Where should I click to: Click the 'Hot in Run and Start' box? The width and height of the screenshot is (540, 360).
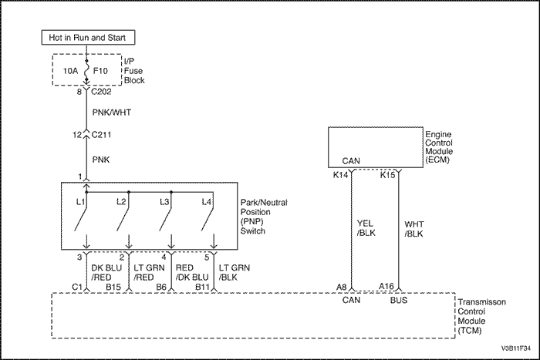86,37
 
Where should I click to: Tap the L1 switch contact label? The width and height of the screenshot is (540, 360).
79,201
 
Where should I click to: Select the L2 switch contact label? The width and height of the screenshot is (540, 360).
121,201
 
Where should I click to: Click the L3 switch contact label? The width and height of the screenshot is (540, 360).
165,201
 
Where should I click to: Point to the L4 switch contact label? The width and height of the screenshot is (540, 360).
206,201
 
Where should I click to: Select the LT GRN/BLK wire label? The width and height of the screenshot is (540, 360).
234,271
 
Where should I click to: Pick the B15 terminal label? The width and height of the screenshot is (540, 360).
113,287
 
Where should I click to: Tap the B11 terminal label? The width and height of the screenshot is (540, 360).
203,287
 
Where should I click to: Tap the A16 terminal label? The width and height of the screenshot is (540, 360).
386,286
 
